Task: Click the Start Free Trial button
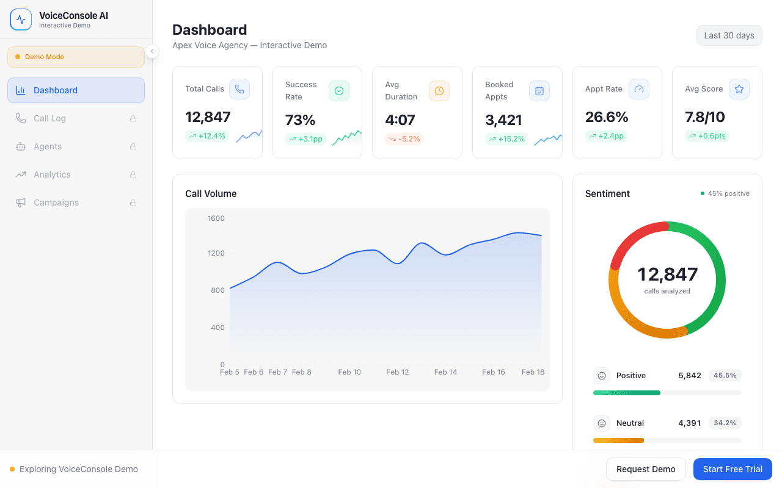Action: (733, 469)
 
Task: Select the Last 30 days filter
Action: (729, 35)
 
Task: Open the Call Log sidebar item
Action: (49, 118)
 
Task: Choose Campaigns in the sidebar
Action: (56, 203)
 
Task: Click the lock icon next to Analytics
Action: (133, 174)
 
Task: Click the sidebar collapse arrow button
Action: (152, 51)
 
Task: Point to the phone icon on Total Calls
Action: (239, 89)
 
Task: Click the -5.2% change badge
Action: (404, 139)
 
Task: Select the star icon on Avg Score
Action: (739, 89)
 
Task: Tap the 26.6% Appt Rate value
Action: (607, 117)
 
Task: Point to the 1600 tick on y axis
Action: (216, 218)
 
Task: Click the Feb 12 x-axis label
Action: (397, 372)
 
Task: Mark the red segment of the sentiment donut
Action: (635, 237)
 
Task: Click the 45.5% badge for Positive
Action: (725, 375)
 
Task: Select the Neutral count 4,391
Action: (689, 423)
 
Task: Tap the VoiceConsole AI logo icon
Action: (21, 20)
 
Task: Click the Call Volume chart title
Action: (211, 194)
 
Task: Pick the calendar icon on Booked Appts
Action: (539, 91)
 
